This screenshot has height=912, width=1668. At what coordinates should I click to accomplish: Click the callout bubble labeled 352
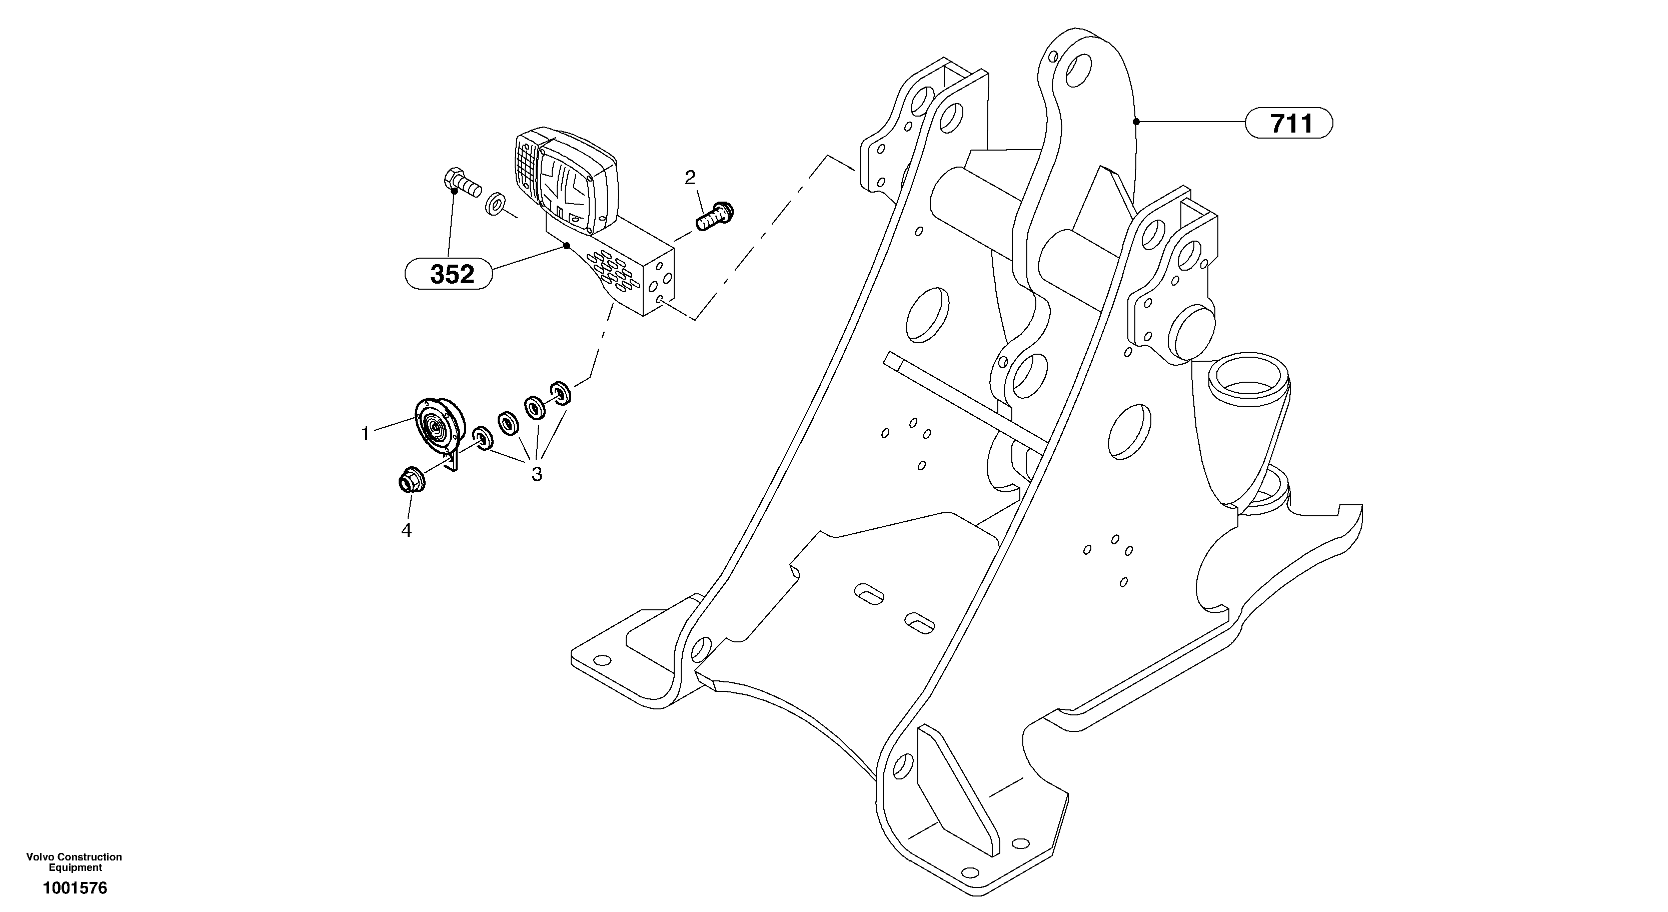[x=451, y=275]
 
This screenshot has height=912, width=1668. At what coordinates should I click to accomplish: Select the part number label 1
[x=365, y=434]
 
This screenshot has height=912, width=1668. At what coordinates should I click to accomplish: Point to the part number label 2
[x=690, y=177]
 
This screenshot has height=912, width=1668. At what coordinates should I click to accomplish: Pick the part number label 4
[x=406, y=530]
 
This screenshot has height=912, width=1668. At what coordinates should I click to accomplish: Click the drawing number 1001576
[x=75, y=888]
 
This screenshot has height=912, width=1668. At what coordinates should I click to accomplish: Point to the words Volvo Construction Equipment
[x=75, y=862]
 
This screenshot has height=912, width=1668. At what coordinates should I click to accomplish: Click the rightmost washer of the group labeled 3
[x=560, y=394]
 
